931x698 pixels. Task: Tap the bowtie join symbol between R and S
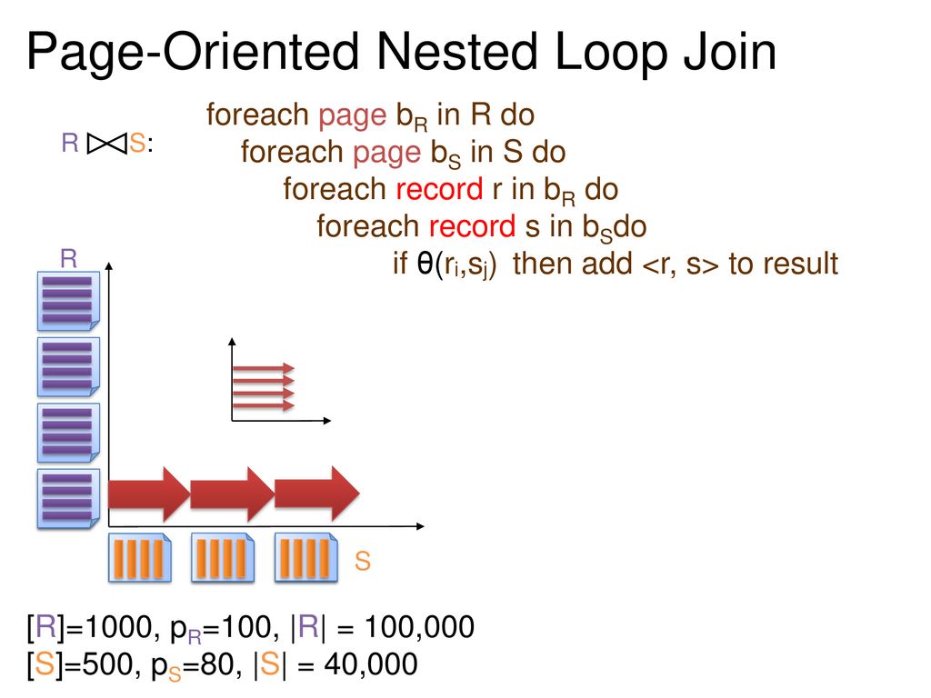(x=107, y=143)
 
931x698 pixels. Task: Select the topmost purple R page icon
(x=68, y=301)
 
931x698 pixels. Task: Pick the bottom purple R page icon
(x=68, y=499)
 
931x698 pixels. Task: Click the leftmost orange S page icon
(x=139, y=557)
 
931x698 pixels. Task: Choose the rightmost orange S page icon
(x=306, y=557)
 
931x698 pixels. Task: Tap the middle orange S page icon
(x=223, y=557)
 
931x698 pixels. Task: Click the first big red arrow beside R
(x=149, y=494)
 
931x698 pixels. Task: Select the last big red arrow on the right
(x=317, y=494)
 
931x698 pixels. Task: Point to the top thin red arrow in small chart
(x=264, y=369)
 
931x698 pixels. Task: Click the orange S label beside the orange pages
(x=362, y=561)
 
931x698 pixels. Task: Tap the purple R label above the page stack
(x=69, y=259)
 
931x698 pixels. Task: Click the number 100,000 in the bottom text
(x=419, y=627)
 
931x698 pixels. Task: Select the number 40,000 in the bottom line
(x=371, y=664)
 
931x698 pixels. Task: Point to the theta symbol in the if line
(x=425, y=263)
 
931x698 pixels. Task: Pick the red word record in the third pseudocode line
(x=439, y=189)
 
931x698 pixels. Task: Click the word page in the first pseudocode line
(x=352, y=116)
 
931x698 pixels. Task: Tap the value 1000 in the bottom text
(x=119, y=627)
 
